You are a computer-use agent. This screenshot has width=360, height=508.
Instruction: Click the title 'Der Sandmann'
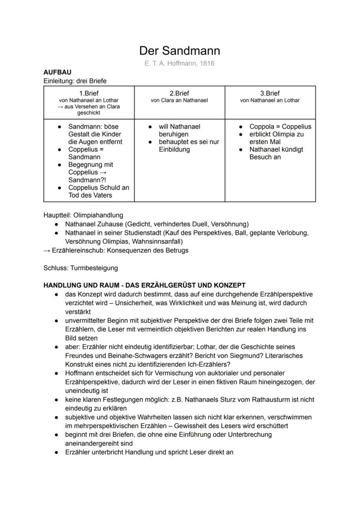click(x=180, y=51)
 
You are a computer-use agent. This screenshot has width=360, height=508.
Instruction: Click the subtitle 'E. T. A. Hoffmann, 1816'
click(x=180, y=63)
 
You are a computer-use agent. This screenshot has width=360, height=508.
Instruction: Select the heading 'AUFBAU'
click(x=57, y=72)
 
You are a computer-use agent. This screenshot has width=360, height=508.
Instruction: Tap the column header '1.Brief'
click(x=89, y=93)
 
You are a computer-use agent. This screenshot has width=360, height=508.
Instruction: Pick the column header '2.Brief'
click(x=179, y=93)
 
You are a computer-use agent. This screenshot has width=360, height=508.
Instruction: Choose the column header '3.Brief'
click(x=270, y=93)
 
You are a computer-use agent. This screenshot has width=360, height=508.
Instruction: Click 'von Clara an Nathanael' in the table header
click(x=179, y=100)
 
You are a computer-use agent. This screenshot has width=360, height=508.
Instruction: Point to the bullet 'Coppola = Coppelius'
click(x=280, y=126)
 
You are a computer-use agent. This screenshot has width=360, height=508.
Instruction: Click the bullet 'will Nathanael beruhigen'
click(x=179, y=130)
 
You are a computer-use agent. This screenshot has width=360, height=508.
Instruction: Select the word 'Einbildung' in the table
click(x=174, y=149)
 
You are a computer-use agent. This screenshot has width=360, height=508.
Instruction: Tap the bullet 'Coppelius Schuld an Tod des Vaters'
click(x=98, y=191)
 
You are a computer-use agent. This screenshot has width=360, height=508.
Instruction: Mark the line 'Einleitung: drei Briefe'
click(x=75, y=81)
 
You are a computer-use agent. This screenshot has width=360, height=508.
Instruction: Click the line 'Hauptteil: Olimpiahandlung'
click(x=83, y=215)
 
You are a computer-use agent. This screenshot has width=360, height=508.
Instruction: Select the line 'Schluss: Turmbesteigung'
click(x=80, y=268)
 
